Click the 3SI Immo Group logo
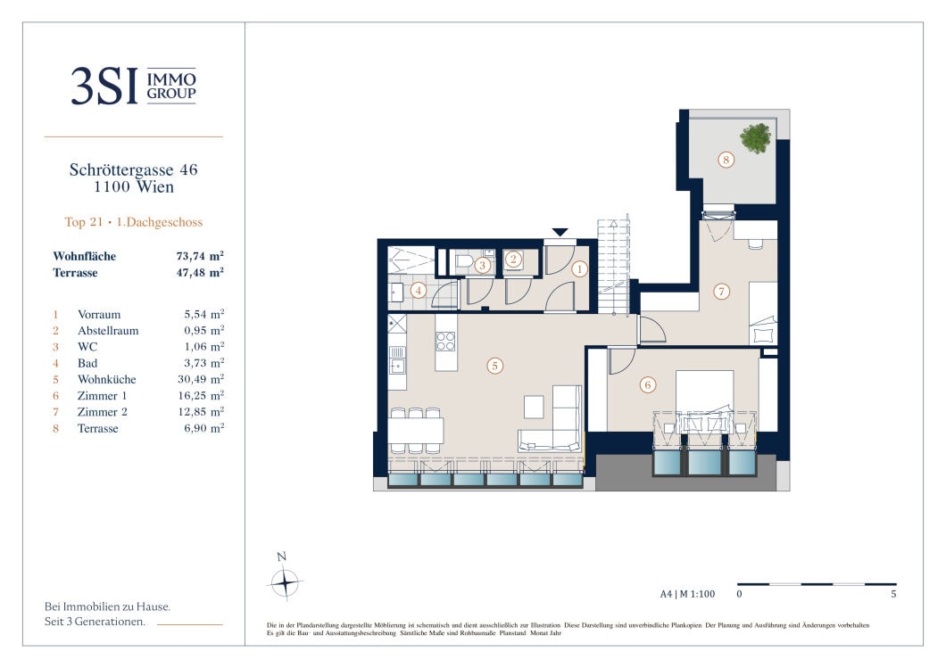click(x=133, y=86)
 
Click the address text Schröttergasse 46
click(x=133, y=170)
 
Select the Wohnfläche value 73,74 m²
click(x=200, y=256)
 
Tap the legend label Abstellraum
click(x=108, y=330)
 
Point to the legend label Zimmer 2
click(x=102, y=412)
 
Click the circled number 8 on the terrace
click(x=726, y=160)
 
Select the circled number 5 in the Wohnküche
click(x=494, y=366)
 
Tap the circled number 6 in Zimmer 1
click(x=648, y=384)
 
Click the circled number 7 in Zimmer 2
click(x=722, y=292)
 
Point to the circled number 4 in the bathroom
click(x=418, y=291)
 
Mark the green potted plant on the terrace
click(x=755, y=138)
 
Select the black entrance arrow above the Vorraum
click(x=560, y=232)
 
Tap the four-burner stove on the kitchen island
click(x=446, y=342)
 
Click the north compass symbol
click(x=284, y=582)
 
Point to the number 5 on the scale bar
click(x=893, y=594)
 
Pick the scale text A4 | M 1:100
click(x=687, y=594)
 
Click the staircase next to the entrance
click(x=614, y=266)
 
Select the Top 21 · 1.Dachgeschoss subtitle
click(x=133, y=222)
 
